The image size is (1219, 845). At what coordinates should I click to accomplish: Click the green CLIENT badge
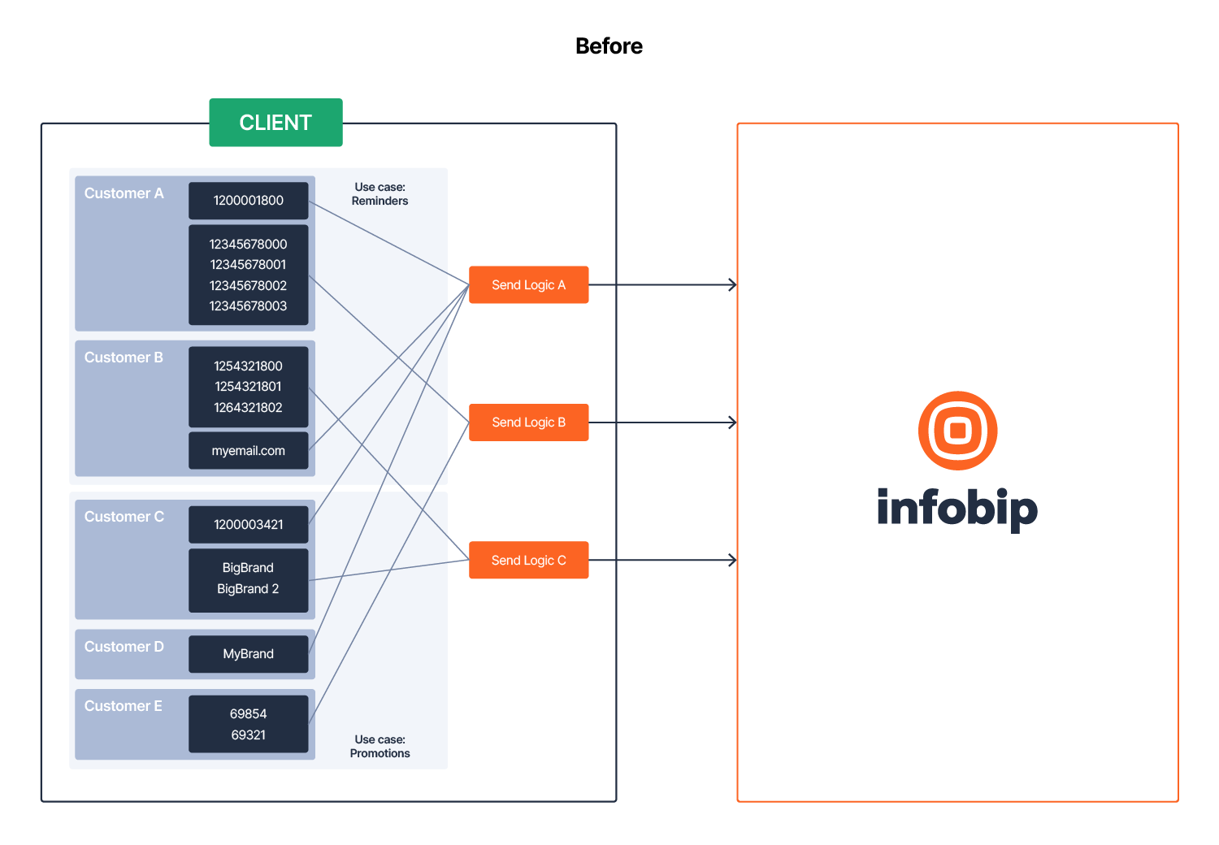tap(275, 123)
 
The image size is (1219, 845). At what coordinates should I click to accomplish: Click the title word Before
tap(609, 46)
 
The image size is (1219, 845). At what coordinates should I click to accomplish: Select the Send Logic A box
tap(528, 285)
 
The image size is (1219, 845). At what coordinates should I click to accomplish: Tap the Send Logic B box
tap(528, 422)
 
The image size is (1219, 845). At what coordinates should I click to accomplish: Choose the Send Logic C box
tap(528, 561)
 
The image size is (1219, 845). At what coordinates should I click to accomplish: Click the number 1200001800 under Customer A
tap(248, 201)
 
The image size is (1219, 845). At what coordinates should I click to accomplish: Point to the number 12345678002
tap(248, 286)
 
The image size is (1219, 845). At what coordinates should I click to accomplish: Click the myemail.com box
tap(248, 451)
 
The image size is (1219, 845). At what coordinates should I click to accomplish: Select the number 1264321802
tap(248, 408)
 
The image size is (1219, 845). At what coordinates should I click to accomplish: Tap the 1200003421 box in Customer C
tap(248, 525)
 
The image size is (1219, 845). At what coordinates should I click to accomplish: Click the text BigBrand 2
tap(248, 589)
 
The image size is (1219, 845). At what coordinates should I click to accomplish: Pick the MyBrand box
tap(248, 654)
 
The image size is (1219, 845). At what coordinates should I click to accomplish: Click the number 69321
tap(248, 735)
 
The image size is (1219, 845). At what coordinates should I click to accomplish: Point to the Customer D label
tap(124, 647)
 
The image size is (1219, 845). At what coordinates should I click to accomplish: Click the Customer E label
tap(124, 706)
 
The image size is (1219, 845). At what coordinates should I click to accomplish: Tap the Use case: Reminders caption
tap(380, 194)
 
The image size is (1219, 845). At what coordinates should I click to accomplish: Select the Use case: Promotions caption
tap(380, 747)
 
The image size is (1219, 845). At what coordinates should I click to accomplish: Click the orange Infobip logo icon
tap(957, 431)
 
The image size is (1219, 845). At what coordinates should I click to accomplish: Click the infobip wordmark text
tap(957, 509)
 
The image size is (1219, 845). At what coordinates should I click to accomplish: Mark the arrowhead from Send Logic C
tap(733, 561)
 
